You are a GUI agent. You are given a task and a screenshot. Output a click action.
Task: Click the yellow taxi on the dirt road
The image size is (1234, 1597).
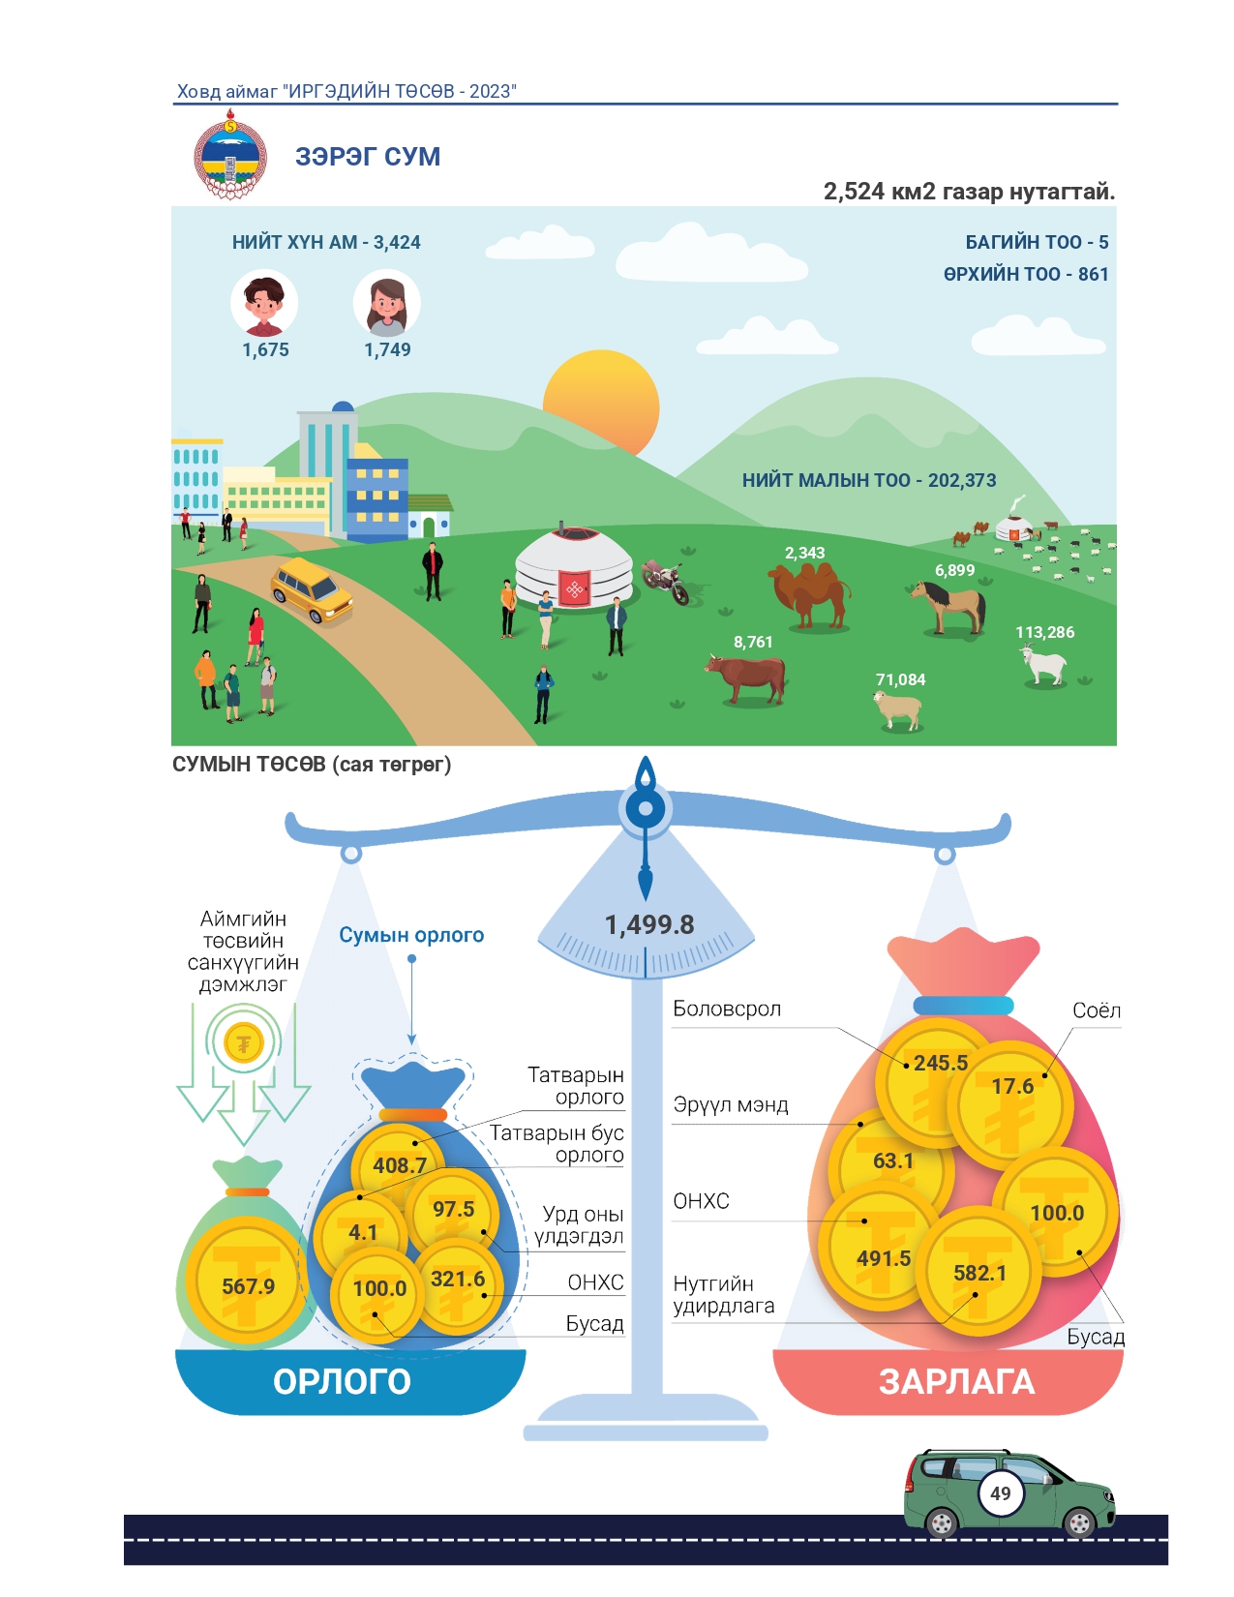312,590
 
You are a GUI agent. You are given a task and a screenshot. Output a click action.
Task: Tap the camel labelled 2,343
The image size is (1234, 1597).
810,595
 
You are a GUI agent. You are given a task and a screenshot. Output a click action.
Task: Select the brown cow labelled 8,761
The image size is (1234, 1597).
746,678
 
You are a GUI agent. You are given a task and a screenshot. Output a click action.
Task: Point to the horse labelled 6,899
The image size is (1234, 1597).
948,607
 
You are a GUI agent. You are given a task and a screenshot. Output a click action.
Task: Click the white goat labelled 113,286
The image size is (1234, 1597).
1043,664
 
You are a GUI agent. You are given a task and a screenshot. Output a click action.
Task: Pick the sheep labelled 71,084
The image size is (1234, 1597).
897,710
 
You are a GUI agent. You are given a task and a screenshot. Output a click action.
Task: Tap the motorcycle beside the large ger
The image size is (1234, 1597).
667,582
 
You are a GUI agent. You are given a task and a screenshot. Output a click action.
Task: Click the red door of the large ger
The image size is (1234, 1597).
575,588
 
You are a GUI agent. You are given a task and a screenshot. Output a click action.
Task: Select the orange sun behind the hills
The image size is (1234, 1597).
601,402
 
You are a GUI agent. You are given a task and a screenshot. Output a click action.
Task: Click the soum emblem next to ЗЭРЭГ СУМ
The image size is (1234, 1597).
230,155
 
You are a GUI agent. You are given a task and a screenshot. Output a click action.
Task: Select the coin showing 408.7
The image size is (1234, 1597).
399,1164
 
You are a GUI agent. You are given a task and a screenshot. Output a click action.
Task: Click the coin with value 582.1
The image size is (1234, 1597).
978,1272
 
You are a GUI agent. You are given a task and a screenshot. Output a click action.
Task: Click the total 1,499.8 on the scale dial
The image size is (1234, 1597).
649,924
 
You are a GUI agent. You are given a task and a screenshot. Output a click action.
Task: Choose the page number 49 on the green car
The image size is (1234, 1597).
1001,1493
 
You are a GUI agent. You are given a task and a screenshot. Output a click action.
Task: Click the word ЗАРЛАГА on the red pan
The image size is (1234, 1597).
957,1382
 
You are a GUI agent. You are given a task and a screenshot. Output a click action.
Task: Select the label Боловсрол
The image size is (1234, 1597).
727,1009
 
